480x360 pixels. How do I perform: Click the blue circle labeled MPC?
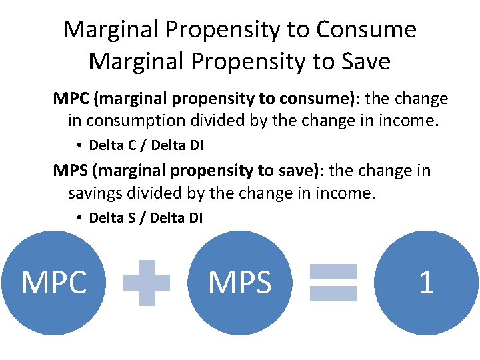pos(53,283)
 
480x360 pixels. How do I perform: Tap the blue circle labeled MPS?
pos(240,283)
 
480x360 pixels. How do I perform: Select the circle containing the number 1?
pos(425,283)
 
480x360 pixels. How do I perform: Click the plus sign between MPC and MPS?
pos(147,283)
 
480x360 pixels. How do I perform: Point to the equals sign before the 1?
pos(333,283)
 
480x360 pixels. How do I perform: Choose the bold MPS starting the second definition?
pos(71,171)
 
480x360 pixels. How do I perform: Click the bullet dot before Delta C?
pos(79,145)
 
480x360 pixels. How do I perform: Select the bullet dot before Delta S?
pos(79,217)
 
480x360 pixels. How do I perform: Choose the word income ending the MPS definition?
pos(351,193)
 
